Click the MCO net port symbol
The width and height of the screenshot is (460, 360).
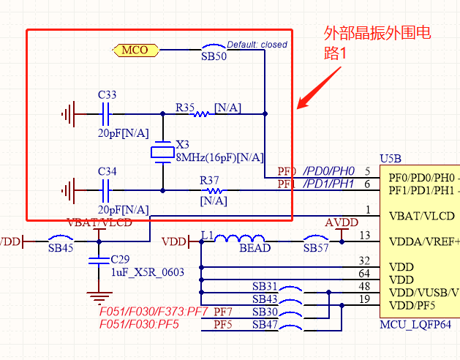coord(136,50)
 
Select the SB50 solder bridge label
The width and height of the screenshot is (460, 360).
coord(214,56)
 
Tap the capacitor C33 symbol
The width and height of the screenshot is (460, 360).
coord(106,114)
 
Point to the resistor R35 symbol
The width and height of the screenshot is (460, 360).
coord(200,114)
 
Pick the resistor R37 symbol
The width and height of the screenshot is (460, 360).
coord(214,191)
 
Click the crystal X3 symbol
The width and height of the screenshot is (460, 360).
coord(162,152)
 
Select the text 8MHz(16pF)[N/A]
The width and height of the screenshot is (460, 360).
coord(219,157)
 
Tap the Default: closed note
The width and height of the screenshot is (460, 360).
coord(257,45)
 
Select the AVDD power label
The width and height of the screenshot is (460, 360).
coord(342,222)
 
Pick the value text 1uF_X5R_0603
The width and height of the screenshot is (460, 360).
coord(147,272)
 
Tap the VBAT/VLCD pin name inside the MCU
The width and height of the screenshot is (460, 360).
coord(423,217)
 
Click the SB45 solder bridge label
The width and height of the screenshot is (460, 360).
coord(61,248)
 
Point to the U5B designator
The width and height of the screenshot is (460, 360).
coord(391,159)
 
